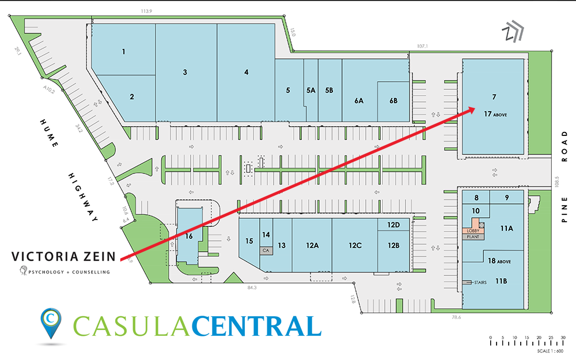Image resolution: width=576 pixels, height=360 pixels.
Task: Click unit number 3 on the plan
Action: [x=185, y=72]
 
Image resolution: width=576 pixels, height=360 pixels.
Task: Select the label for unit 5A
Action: [x=311, y=90]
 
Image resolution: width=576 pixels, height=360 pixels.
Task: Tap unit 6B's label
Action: [x=393, y=100]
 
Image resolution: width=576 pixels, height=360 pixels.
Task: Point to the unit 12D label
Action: [x=393, y=225]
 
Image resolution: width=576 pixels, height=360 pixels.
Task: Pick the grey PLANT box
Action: [x=473, y=237]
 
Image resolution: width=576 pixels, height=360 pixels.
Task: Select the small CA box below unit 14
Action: [x=266, y=251]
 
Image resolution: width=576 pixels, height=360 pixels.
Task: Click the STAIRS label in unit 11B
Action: [x=480, y=283]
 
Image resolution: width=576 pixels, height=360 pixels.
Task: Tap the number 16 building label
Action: [x=188, y=236]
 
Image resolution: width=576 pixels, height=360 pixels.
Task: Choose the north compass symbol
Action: [x=511, y=33]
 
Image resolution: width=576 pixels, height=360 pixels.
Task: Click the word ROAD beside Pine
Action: [x=566, y=143]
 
